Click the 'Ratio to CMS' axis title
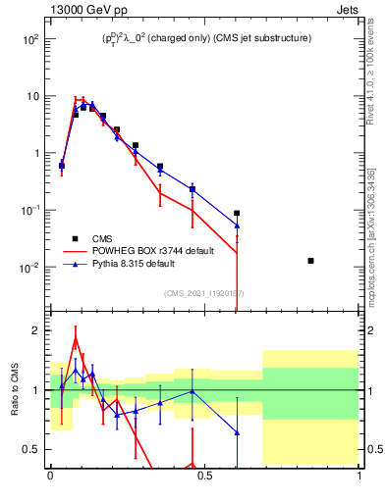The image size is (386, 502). pyautogui.click(x=15, y=389)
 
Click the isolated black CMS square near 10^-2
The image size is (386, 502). pyautogui.click(x=311, y=261)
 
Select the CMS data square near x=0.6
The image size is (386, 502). pyautogui.click(x=237, y=213)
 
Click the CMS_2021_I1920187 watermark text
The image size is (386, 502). pyautogui.click(x=204, y=292)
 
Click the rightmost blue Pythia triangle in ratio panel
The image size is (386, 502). pyautogui.click(x=237, y=432)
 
